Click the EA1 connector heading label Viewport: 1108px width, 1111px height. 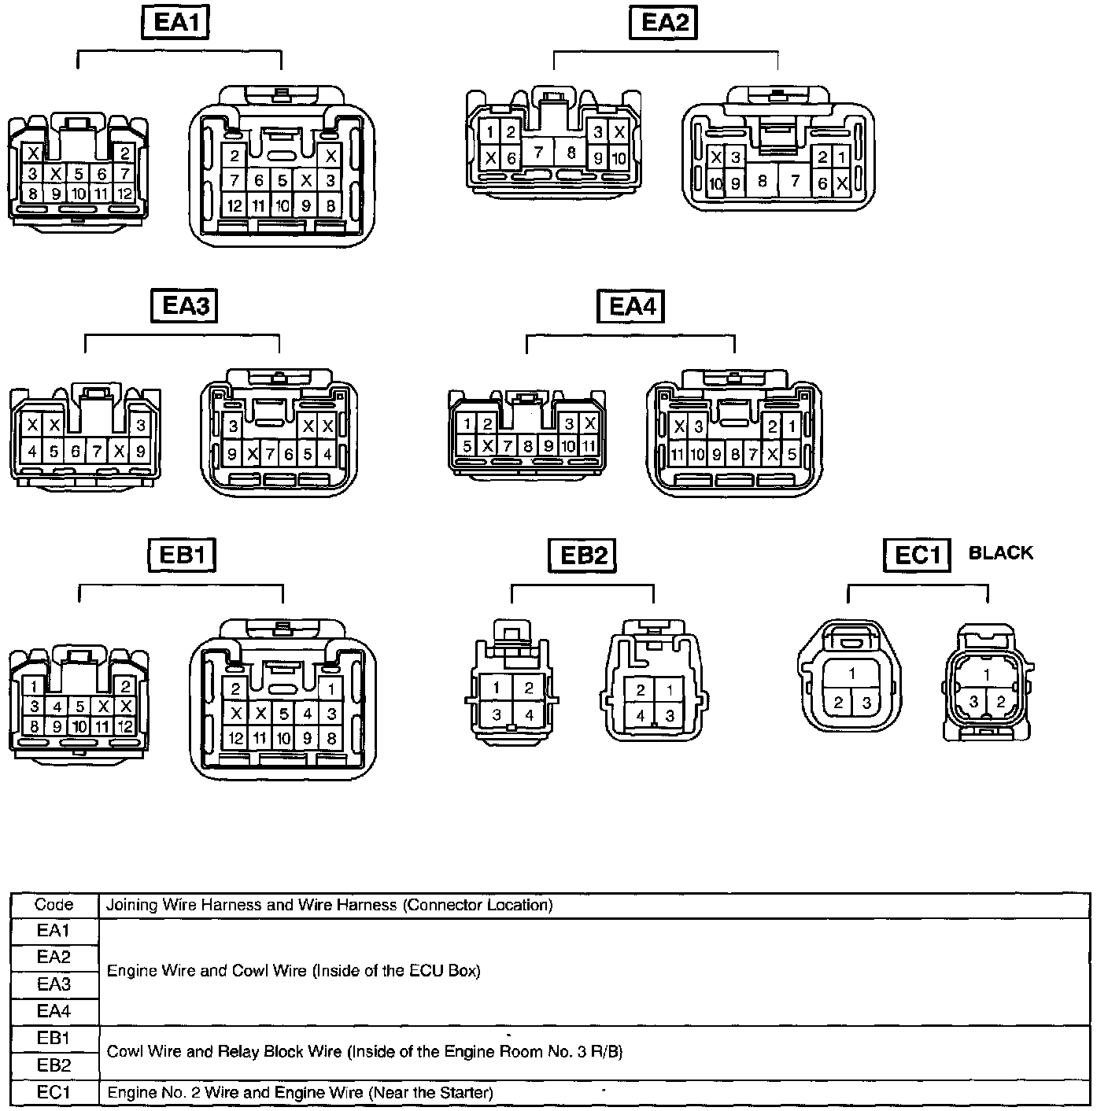(x=175, y=22)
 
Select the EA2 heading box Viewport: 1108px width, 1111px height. (x=664, y=22)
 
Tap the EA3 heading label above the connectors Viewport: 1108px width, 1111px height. (x=183, y=305)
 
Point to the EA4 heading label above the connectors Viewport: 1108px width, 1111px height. (x=631, y=305)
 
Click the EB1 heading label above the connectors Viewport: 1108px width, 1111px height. (x=182, y=555)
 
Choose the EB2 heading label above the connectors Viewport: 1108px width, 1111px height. (x=582, y=555)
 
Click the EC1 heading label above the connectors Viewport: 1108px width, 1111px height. (x=918, y=555)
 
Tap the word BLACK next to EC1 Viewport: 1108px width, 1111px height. (x=1000, y=552)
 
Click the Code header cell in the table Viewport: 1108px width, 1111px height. (x=54, y=905)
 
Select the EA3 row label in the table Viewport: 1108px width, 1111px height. (x=54, y=984)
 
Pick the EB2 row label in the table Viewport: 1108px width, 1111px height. (x=54, y=1065)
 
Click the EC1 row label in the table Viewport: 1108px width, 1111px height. (x=54, y=1092)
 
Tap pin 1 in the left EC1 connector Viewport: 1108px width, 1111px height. (x=852, y=674)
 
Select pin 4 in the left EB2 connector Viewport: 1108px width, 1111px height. (x=529, y=715)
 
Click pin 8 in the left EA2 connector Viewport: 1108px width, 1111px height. (x=571, y=153)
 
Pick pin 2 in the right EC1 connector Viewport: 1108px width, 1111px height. (x=1001, y=701)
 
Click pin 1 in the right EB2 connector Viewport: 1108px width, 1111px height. (x=670, y=690)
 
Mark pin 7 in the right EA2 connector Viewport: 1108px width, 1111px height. (x=795, y=182)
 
